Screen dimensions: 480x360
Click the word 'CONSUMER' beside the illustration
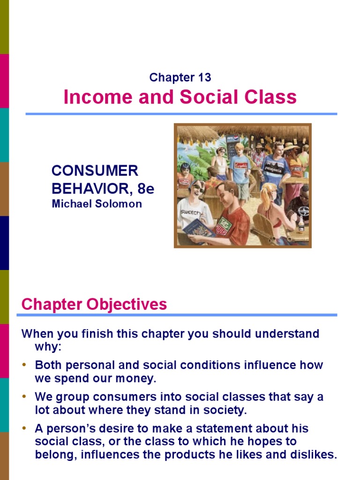coord(95,171)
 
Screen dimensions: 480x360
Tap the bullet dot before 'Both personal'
coord(25,365)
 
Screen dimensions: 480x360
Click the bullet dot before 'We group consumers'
coord(25,397)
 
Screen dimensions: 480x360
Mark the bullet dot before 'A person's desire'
coord(25,429)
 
